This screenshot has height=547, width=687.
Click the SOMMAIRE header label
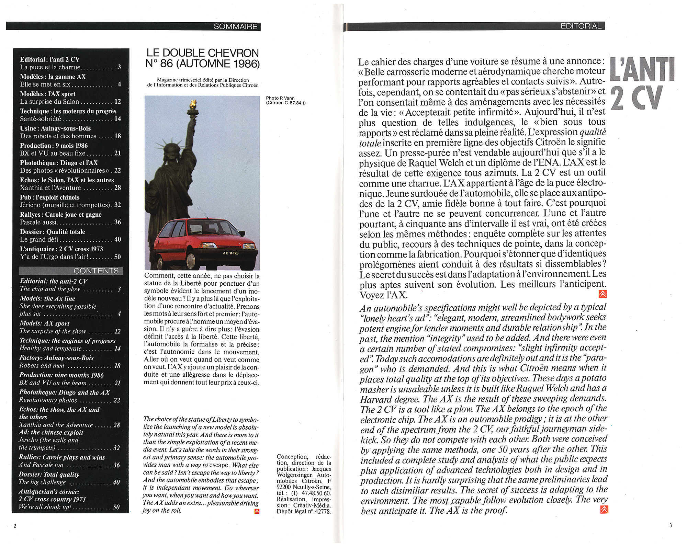[235, 26]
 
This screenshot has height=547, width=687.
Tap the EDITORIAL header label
[581, 26]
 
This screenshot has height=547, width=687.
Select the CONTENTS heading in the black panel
[96, 271]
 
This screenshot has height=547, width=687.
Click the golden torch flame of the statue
[193, 103]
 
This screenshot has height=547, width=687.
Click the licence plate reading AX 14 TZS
[230, 253]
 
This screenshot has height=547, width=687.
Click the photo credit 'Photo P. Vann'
[280, 98]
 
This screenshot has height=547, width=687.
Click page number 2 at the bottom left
[14, 526]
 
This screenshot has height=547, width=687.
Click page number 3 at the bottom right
[670, 525]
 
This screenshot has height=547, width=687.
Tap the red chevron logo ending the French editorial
[602, 294]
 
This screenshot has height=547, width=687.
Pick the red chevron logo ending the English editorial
[604, 509]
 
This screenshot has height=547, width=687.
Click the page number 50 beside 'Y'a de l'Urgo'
[117, 257]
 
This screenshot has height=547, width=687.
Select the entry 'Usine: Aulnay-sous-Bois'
[55, 128]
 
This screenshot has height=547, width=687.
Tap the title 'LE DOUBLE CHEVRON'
[202, 53]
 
